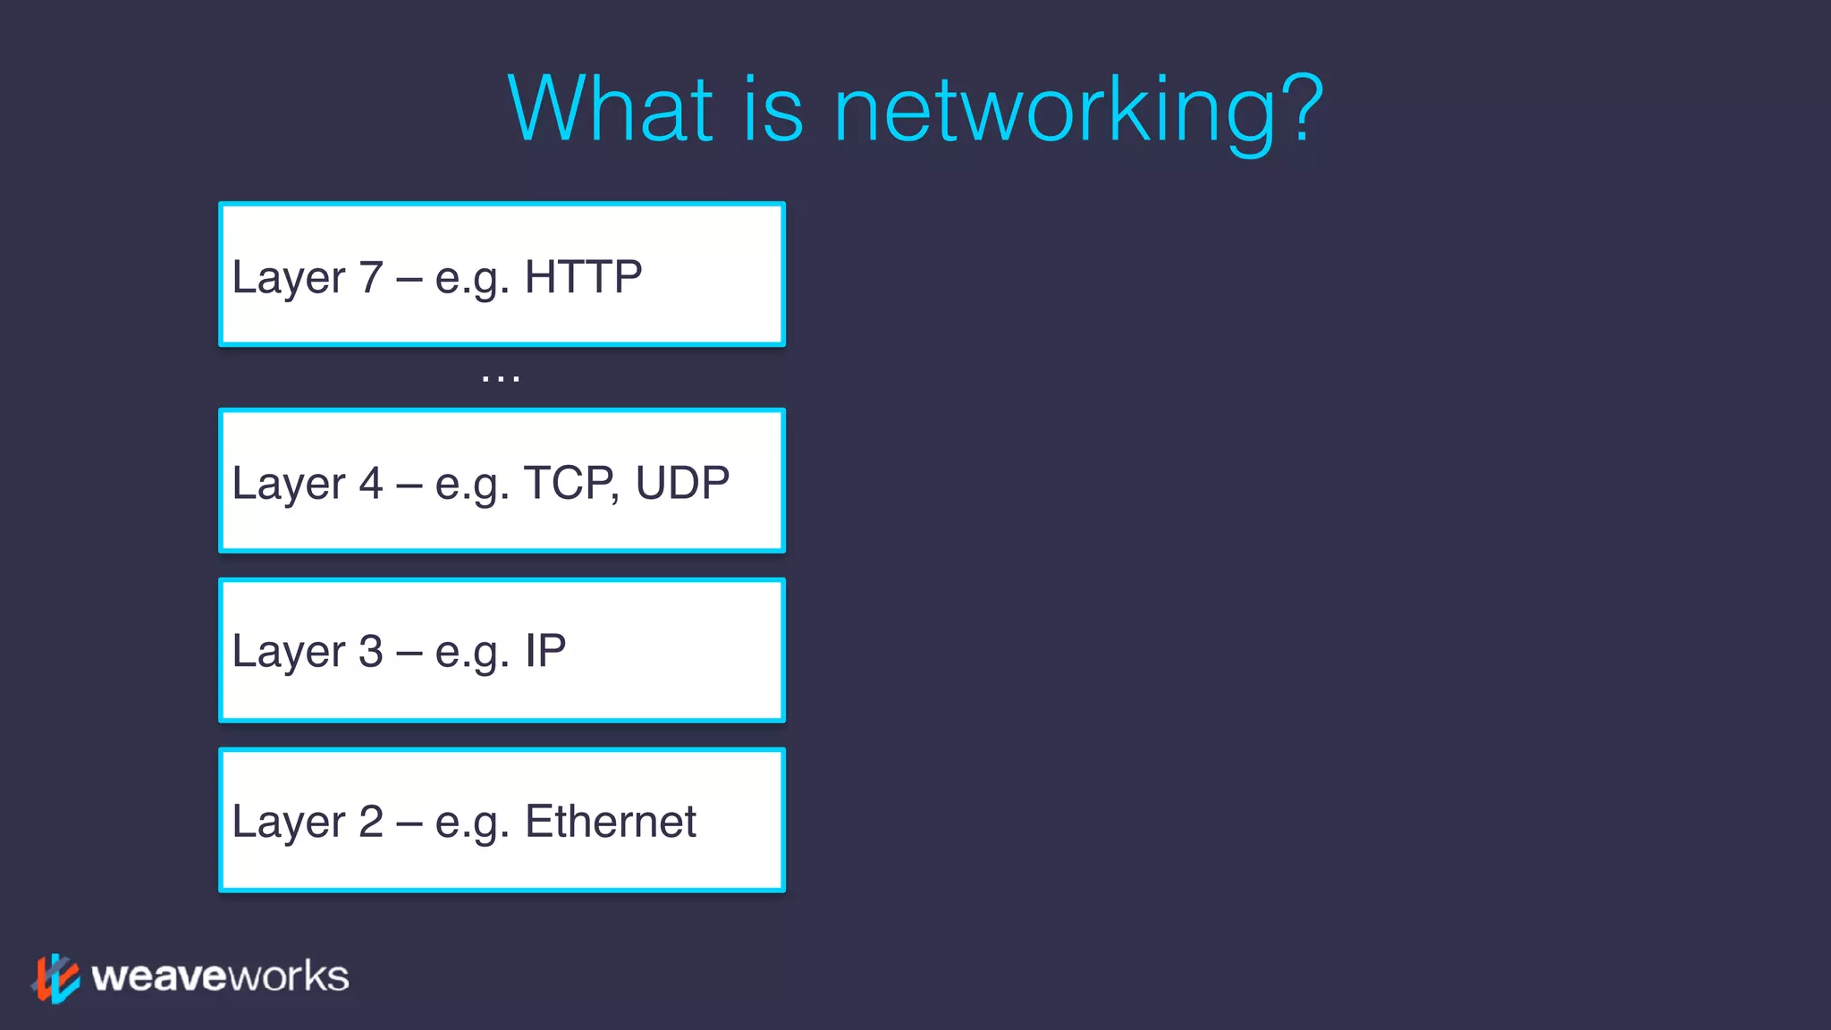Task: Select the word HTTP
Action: (x=583, y=277)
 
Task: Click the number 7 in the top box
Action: (x=371, y=277)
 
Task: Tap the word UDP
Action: (x=682, y=484)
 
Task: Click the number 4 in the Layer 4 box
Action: (x=371, y=484)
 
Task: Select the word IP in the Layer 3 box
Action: (x=545, y=651)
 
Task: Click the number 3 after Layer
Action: (x=371, y=651)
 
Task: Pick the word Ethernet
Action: (x=610, y=822)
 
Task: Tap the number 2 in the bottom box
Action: (x=371, y=822)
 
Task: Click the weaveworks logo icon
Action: (x=55, y=978)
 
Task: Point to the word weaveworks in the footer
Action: (x=220, y=976)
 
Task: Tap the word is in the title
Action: (x=773, y=109)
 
